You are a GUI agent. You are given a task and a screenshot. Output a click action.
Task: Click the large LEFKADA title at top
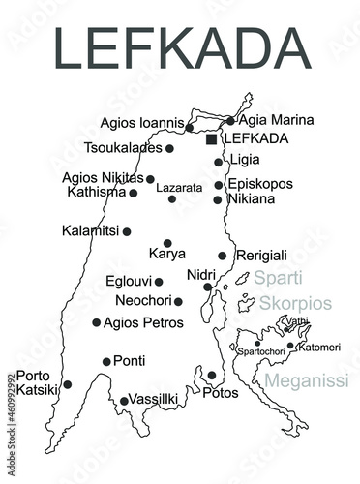pyautogui.click(x=179, y=48)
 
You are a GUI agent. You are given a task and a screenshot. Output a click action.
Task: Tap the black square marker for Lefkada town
pyautogui.click(x=212, y=139)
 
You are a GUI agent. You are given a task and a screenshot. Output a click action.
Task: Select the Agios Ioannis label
pyautogui.click(x=141, y=124)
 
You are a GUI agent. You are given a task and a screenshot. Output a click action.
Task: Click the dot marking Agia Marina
pyautogui.click(x=230, y=121)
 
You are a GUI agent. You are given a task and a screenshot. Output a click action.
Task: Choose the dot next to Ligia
pyautogui.click(x=219, y=162)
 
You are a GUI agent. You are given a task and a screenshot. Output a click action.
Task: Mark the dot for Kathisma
pyautogui.click(x=134, y=193)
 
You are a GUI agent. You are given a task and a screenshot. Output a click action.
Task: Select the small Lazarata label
pyautogui.click(x=179, y=186)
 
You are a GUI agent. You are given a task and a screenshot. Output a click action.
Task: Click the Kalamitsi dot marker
pyautogui.click(x=127, y=231)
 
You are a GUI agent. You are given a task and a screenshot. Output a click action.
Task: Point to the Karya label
pyautogui.click(x=166, y=256)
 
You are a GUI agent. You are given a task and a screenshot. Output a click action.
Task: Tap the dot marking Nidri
pyautogui.click(x=207, y=287)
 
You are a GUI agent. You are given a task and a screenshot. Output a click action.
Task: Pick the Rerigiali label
pyautogui.click(x=261, y=256)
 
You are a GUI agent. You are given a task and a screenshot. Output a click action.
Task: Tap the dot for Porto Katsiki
pyautogui.click(x=67, y=384)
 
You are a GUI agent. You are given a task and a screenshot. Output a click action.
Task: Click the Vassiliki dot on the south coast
pyautogui.click(x=124, y=401)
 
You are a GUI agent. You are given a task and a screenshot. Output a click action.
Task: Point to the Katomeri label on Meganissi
pyautogui.click(x=318, y=346)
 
